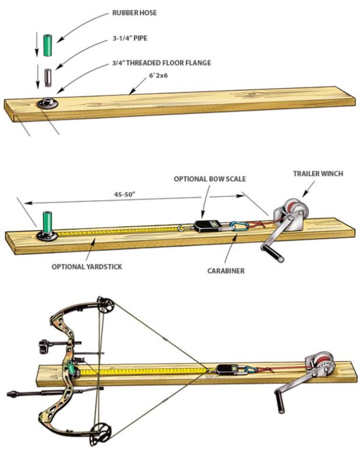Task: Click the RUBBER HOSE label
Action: (134, 13)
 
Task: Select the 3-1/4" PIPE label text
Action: (130, 38)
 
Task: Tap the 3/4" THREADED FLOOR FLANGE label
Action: (161, 63)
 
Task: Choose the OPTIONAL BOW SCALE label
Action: (210, 179)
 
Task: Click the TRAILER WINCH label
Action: (318, 174)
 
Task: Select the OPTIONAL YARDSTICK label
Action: (87, 267)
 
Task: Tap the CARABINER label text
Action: (226, 270)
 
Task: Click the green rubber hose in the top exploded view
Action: (48, 45)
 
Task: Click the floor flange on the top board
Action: (48, 103)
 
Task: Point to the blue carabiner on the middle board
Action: (239, 226)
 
